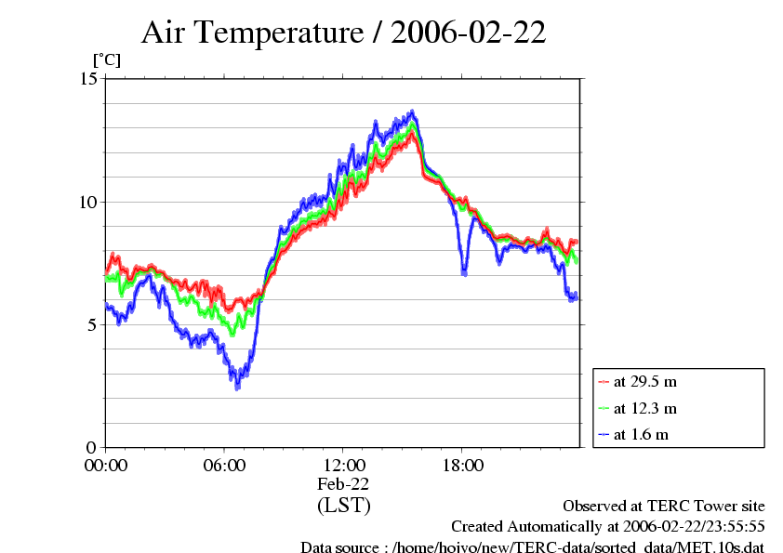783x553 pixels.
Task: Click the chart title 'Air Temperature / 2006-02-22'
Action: (343, 33)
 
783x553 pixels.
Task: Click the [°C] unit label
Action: (106, 60)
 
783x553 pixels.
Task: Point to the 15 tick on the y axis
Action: (89, 79)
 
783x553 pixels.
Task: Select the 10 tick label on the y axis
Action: (89, 202)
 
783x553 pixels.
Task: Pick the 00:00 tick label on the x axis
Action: (106, 465)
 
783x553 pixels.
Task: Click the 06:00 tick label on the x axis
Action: (224, 465)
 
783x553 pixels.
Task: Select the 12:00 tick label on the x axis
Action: (343, 465)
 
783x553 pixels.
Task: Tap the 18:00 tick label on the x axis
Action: (462, 465)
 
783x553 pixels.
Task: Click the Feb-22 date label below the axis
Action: (343, 484)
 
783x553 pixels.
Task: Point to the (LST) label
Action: (343, 506)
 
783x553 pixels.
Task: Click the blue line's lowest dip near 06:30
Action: (237, 385)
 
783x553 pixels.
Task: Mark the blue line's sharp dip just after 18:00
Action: (465, 272)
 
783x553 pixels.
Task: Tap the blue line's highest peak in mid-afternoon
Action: (413, 113)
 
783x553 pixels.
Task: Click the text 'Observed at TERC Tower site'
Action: (664, 507)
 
